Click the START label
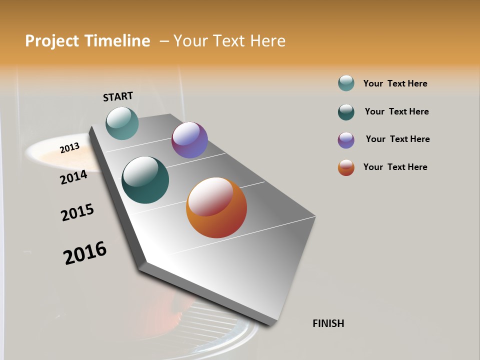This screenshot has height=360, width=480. coord(118,96)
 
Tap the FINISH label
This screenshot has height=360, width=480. coord(328,323)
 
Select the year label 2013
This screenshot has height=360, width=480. coord(69,148)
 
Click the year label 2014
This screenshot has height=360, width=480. coord(73,177)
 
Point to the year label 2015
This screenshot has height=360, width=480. coord(77,212)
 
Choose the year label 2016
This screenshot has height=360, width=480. coord(85,252)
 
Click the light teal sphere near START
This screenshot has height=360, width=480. coord(122,123)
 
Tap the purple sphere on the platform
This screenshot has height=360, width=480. coord(189,140)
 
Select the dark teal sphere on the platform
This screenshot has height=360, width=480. coord(145,180)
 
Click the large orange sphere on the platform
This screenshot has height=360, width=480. coord(216,207)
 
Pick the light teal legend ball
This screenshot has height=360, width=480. coord(346,83)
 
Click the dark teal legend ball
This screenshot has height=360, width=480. coord(346,112)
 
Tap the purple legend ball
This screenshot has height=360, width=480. coord(346,140)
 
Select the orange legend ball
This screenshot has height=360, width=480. coord(346,167)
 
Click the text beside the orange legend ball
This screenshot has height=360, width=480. coord(395,167)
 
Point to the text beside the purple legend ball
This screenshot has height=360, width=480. coord(397,139)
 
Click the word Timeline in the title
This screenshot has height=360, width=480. coord(116,41)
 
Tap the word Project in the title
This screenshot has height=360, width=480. coord(52,41)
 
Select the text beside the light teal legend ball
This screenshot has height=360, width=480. coord(395,83)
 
